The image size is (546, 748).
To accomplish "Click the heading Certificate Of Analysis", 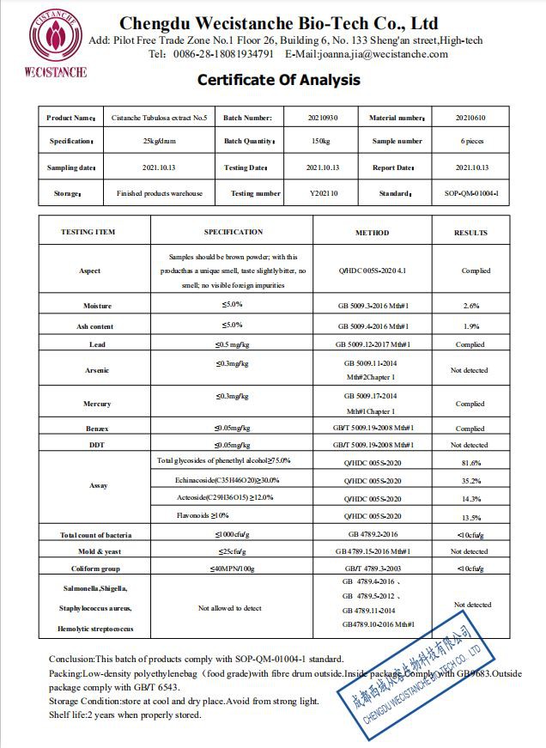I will point(279,81).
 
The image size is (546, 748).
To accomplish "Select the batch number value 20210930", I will point(324,118).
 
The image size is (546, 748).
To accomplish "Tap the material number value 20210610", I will point(471,118).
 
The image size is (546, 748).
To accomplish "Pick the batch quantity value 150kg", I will point(324,141).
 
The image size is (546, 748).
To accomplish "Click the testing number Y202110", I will point(324,193).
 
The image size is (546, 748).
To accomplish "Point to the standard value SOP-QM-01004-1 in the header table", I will point(471,193).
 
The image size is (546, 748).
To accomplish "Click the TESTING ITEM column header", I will point(88,232).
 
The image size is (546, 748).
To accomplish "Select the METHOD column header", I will point(372,233).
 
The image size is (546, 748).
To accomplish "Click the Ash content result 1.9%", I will point(470,326).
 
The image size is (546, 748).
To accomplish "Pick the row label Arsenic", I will point(97,370).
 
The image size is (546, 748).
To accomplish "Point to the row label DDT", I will point(97,445).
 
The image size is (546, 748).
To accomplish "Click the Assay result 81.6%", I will point(470,462).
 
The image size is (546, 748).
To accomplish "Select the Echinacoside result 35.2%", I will point(470,481).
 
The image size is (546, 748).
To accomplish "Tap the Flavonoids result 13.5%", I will point(470,517).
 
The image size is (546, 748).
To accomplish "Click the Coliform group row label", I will point(97,569).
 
